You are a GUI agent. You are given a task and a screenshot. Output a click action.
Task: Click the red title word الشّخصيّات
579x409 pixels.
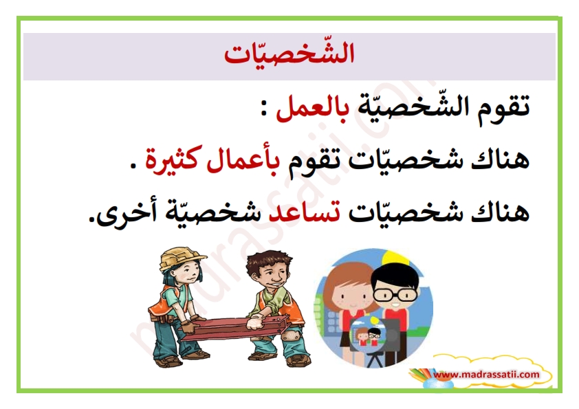pos(289,54)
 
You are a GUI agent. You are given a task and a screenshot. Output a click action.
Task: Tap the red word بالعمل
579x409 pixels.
pos(311,108)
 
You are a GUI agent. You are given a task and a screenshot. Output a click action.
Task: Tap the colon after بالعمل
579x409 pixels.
pos(263,109)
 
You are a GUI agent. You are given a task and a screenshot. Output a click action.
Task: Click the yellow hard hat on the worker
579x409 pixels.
pos(182,258)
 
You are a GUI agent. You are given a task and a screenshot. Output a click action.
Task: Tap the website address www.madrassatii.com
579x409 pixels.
pos(487,375)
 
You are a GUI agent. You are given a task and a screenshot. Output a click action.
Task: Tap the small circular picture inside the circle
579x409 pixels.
pos(368,335)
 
